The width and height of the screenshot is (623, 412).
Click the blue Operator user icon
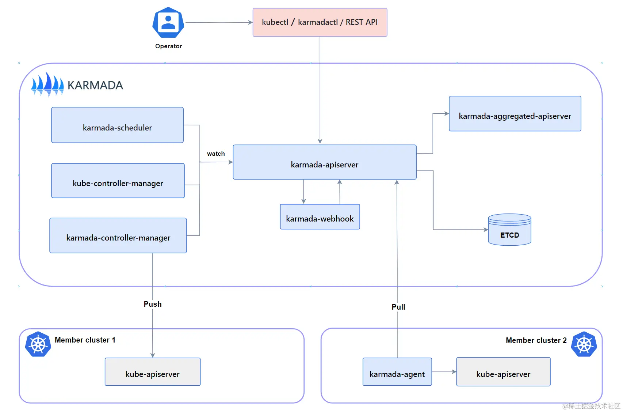pos(168,23)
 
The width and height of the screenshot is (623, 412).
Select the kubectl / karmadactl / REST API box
pos(320,22)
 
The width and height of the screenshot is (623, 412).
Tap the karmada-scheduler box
pos(117,125)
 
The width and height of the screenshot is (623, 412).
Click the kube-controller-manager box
pos(118,181)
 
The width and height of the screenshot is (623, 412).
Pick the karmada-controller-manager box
pos(118,235)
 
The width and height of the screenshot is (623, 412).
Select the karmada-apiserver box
pos(324,162)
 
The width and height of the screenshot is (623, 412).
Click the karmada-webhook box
pos(320,217)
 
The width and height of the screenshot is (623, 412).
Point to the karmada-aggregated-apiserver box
pos(515,114)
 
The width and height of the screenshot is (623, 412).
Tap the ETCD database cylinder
pos(509,230)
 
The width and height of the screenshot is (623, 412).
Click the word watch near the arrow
pos(216,154)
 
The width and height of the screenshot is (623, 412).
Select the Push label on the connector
pos(152,304)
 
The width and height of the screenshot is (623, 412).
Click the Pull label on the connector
pos(398,307)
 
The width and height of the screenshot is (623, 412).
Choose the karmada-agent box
pos(397,372)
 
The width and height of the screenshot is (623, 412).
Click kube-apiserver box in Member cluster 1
pos(152,372)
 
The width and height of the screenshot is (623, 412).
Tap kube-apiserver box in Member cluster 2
pos(503,372)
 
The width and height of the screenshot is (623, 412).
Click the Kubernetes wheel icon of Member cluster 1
pos(38,344)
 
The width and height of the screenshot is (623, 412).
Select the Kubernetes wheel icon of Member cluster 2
pos(584,344)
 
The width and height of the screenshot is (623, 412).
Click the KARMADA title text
pos(95,85)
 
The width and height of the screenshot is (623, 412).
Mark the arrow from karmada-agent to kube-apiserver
pos(444,372)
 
